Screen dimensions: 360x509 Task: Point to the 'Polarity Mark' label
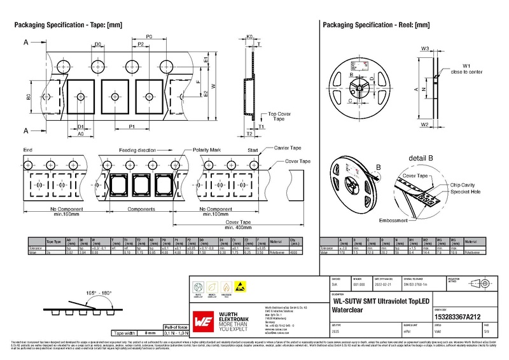tap(207, 149)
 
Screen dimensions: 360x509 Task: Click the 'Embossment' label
tap(393, 220)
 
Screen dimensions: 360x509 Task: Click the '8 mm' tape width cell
tap(150, 333)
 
